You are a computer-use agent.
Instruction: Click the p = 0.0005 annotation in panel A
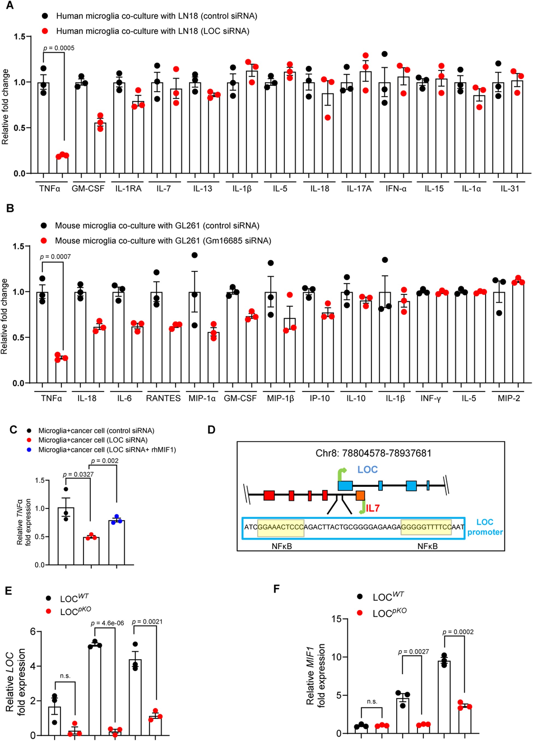pos(59,48)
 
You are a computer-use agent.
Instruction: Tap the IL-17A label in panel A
pos(359,189)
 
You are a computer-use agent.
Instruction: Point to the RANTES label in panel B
pos(163,398)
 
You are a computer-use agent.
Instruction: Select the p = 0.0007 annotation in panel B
pos(55,257)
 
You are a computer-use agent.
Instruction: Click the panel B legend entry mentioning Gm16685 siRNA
pos(163,241)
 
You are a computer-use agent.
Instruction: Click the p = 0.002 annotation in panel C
pos(105,461)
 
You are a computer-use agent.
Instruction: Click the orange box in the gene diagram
pos(360,495)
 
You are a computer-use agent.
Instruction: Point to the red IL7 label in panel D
pos(373,508)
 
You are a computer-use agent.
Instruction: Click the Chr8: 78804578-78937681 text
pos(373,453)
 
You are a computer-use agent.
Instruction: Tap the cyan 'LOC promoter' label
pos(485,527)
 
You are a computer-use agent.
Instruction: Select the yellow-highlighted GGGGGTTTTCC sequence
pos(426,527)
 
